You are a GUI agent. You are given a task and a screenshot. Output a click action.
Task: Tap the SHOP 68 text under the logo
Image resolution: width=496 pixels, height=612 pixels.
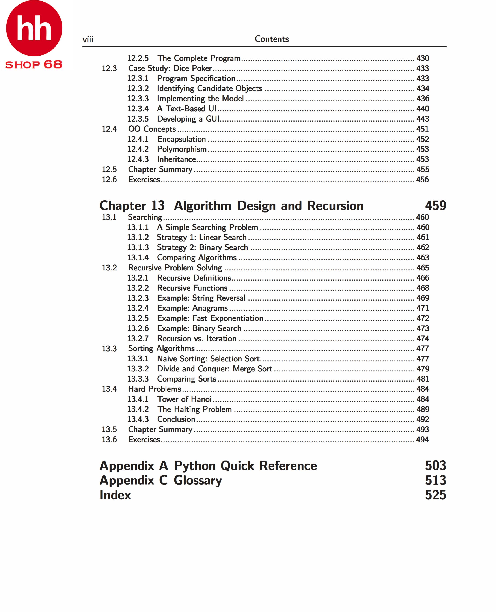point(34,65)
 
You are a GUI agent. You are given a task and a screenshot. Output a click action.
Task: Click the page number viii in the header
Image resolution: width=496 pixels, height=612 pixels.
point(88,39)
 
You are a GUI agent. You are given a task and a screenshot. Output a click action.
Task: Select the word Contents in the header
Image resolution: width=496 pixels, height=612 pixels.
point(272,39)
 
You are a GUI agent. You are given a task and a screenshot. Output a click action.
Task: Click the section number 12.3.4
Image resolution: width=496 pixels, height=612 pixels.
point(138,109)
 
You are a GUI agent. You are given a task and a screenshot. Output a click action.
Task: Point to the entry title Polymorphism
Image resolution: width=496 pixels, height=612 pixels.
point(182,149)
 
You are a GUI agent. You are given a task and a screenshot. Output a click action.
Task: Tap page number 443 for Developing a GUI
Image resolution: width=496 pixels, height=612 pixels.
point(423,119)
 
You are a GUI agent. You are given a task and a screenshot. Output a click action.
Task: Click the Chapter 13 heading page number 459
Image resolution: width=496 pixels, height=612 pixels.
point(435,206)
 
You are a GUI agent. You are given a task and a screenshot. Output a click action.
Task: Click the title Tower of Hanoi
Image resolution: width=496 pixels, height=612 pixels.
point(184,399)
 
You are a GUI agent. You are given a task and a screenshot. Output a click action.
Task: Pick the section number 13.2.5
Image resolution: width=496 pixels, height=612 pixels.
point(138,318)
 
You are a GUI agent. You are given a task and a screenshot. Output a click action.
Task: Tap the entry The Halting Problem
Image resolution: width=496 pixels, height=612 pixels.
point(194,409)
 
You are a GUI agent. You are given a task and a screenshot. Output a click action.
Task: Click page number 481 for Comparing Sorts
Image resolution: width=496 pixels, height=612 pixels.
point(423,379)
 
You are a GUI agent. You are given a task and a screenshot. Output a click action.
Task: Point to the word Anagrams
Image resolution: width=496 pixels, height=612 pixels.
point(210,308)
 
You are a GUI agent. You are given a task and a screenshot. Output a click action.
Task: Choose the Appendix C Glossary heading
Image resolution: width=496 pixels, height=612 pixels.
point(160,480)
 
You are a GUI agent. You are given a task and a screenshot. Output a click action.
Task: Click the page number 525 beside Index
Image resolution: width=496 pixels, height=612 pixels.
point(435,495)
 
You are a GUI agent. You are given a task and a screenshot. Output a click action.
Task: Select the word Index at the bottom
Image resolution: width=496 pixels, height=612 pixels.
point(115,495)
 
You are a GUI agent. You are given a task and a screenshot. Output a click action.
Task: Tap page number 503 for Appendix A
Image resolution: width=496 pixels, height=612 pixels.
point(435,466)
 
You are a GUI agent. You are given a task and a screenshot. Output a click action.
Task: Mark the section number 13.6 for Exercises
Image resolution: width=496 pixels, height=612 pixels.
point(109,439)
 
